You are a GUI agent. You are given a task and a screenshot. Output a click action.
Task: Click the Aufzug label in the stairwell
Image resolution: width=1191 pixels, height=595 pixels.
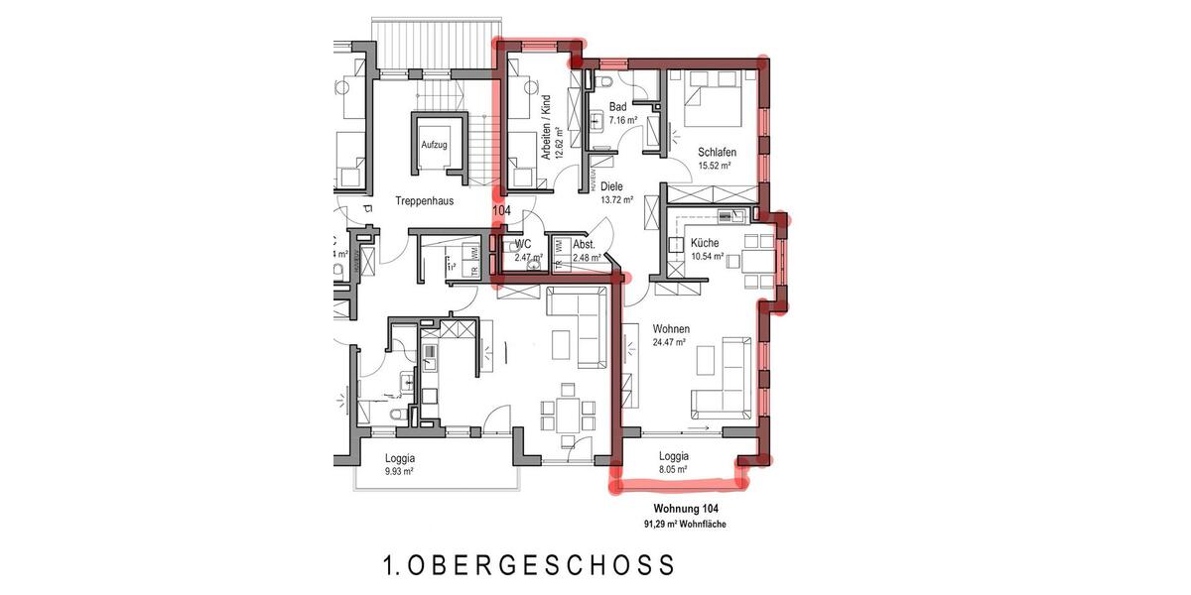[434, 145]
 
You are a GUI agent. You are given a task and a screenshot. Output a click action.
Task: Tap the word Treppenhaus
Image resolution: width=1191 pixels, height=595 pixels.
[424, 200]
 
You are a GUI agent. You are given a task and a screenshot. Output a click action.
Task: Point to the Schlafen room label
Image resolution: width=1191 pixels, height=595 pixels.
[717, 152]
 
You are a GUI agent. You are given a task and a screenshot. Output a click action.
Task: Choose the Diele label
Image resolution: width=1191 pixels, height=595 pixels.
[611, 185]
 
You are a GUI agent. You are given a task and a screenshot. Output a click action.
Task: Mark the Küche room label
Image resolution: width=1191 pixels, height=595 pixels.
[705, 243]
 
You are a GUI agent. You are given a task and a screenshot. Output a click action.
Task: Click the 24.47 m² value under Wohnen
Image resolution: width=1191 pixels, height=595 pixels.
[670, 342]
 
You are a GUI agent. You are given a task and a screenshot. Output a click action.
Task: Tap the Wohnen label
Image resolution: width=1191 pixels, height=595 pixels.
[671, 328]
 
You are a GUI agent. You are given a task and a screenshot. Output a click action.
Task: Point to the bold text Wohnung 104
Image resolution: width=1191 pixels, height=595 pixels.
[680, 509]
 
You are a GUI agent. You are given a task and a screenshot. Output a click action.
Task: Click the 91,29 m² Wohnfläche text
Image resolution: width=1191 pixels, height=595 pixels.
[680, 524]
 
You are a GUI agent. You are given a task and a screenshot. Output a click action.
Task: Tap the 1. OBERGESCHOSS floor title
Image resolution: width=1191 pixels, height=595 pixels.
[529, 566]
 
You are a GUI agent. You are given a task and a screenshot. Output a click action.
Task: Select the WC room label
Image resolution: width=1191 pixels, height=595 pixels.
[522, 244]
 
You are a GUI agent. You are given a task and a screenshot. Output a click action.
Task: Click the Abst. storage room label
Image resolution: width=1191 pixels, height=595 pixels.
[584, 244]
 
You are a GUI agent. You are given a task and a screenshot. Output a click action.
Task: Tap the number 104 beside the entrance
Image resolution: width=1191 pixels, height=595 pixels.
[501, 211]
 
